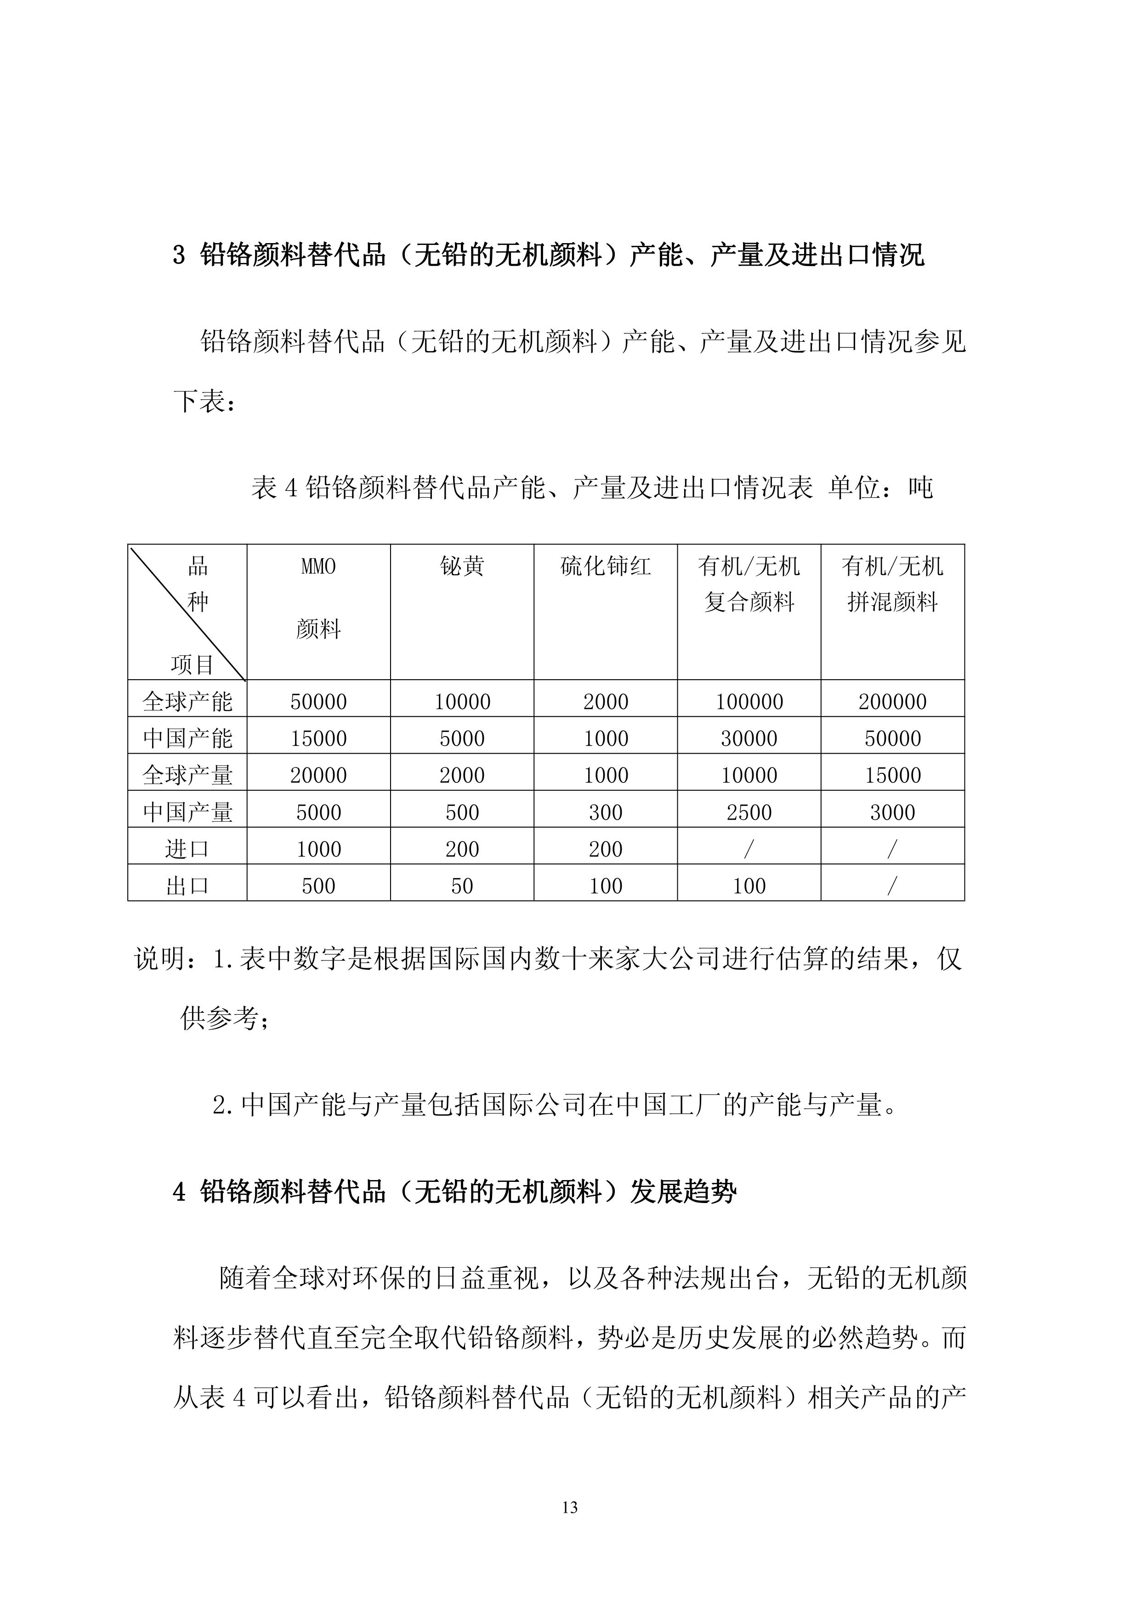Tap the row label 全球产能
[x=187, y=701]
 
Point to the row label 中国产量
[x=187, y=812]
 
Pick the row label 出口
[x=187, y=886]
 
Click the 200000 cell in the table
[x=892, y=701]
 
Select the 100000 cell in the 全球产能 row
[x=749, y=701]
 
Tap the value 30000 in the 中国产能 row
[x=749, y=738]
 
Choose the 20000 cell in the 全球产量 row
[x=319, y=776]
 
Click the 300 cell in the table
[x=605, y=812]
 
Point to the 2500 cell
[x=749, y=812]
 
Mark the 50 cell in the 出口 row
[x=462, y=886]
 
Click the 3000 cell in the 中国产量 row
[x=892, y=812]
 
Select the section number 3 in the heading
[x=180, y=255]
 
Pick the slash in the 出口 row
[x=892, y=886]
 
